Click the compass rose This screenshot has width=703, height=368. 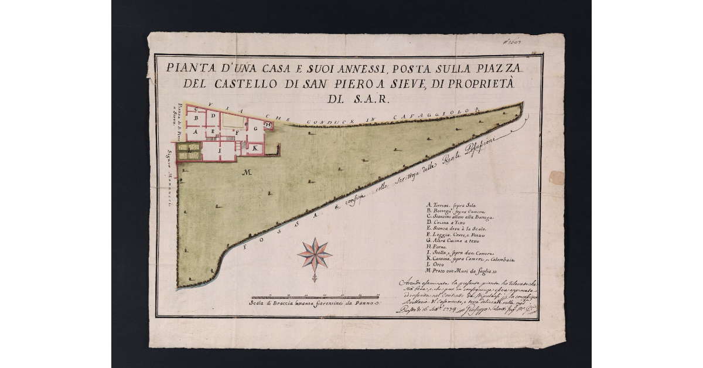point(315,254)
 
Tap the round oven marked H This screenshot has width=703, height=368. point(268,125)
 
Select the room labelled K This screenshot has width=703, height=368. point(255,149)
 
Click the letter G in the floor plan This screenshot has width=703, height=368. point(255,128)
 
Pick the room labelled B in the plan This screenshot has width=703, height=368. point(197,117)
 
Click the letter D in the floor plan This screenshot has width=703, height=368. point(213,117)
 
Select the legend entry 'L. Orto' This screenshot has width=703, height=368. point(436,264)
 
